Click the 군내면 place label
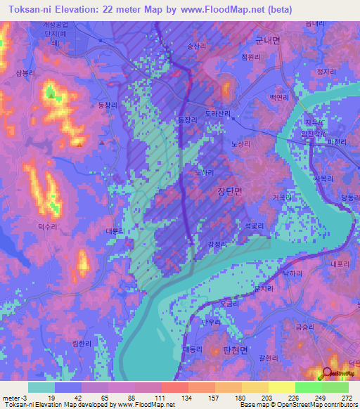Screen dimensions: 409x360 pos(267,41)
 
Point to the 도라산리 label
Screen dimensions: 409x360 pos(217,113)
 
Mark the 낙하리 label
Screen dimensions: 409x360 pos(292,273)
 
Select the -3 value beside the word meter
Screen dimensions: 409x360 pos(25,398)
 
